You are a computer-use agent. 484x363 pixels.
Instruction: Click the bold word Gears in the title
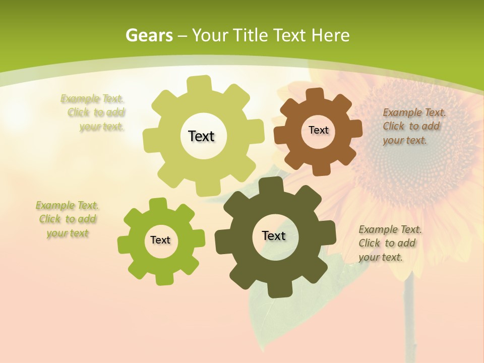click(x=149, y=35)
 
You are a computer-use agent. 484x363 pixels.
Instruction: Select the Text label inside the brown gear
click(x=318, y=130)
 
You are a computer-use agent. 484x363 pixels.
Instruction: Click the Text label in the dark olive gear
click(x=274, y=235)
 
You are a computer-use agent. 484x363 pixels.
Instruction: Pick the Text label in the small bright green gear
click(x=160, y=240)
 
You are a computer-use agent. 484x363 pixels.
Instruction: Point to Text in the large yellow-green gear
click(x=201, y=136)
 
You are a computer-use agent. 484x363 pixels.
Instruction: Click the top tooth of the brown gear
click(x=315, y=95)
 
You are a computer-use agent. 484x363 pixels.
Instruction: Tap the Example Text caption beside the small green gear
click(x=68, y=219)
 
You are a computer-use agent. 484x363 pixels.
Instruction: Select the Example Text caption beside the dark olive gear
click(x=389, y=243)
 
